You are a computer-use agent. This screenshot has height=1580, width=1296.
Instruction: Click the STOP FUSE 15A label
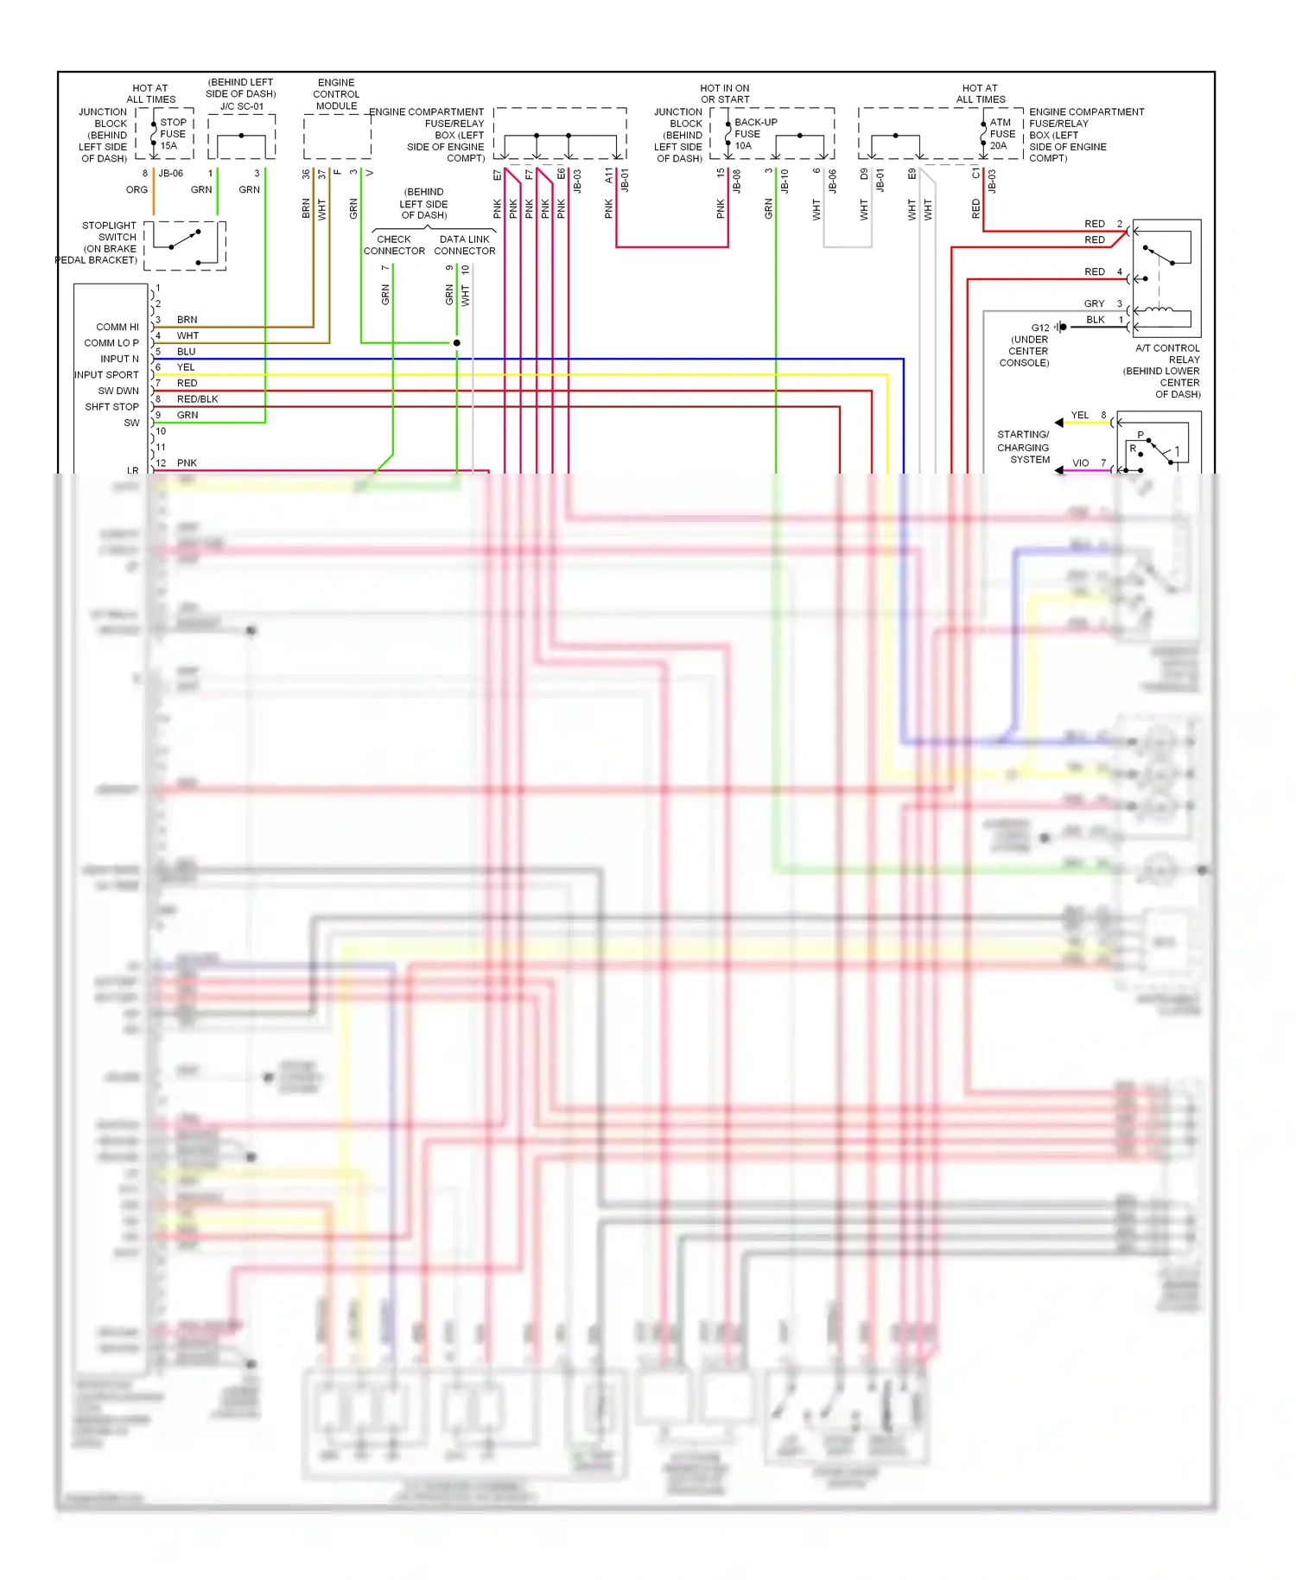tap(173, 134)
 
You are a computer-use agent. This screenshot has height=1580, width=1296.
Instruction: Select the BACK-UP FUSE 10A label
tap(754, 134)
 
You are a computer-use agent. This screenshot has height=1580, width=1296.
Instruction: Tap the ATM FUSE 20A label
tap(1002, 134)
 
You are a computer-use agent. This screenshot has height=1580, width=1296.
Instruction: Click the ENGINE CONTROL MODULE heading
tap(336, 94)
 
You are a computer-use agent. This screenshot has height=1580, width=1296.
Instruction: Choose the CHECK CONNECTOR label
tap(394, 245)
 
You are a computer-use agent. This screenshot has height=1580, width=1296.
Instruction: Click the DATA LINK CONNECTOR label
tap(465, 245)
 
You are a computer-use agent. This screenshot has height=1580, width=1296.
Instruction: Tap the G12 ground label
tap(1039, 328)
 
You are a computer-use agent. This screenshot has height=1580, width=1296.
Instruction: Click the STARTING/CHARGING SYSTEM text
tap(1024, 447)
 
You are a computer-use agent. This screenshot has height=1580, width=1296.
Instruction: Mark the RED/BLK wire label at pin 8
tap(197, 399)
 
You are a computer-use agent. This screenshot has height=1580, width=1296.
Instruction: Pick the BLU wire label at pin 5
tap(186, 352)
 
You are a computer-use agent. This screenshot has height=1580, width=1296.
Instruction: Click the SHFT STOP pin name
tap(111, 407)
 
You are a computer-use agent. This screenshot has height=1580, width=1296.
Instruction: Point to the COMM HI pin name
tap(118, 328)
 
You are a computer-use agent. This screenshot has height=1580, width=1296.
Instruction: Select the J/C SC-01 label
tap(242, 106)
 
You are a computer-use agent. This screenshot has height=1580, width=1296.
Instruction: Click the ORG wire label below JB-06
tap(137, 190)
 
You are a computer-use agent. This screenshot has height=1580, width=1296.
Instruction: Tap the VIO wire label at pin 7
tap(1080, 463)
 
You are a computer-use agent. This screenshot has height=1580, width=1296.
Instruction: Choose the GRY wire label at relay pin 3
tap(1094, 304)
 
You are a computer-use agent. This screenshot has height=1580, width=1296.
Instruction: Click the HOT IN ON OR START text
tap(725, 93)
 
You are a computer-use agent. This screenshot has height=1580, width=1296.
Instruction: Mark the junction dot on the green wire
tap(457, 343)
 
